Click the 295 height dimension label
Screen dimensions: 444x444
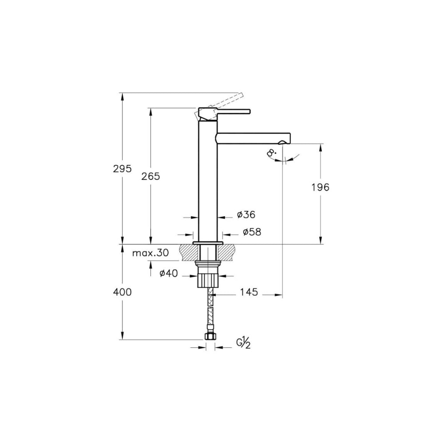(123, 169)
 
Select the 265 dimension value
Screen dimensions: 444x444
(151, 176)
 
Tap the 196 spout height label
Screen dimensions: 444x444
(320, 187)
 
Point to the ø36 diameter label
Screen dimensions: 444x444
(246, 214)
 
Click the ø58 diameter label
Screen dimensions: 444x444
(252, 232)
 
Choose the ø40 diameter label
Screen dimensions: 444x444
(168, 273)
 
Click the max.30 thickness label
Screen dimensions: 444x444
(151, 253)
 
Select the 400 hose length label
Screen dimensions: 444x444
(123, 292)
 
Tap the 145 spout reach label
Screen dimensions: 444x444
(249, 292)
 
